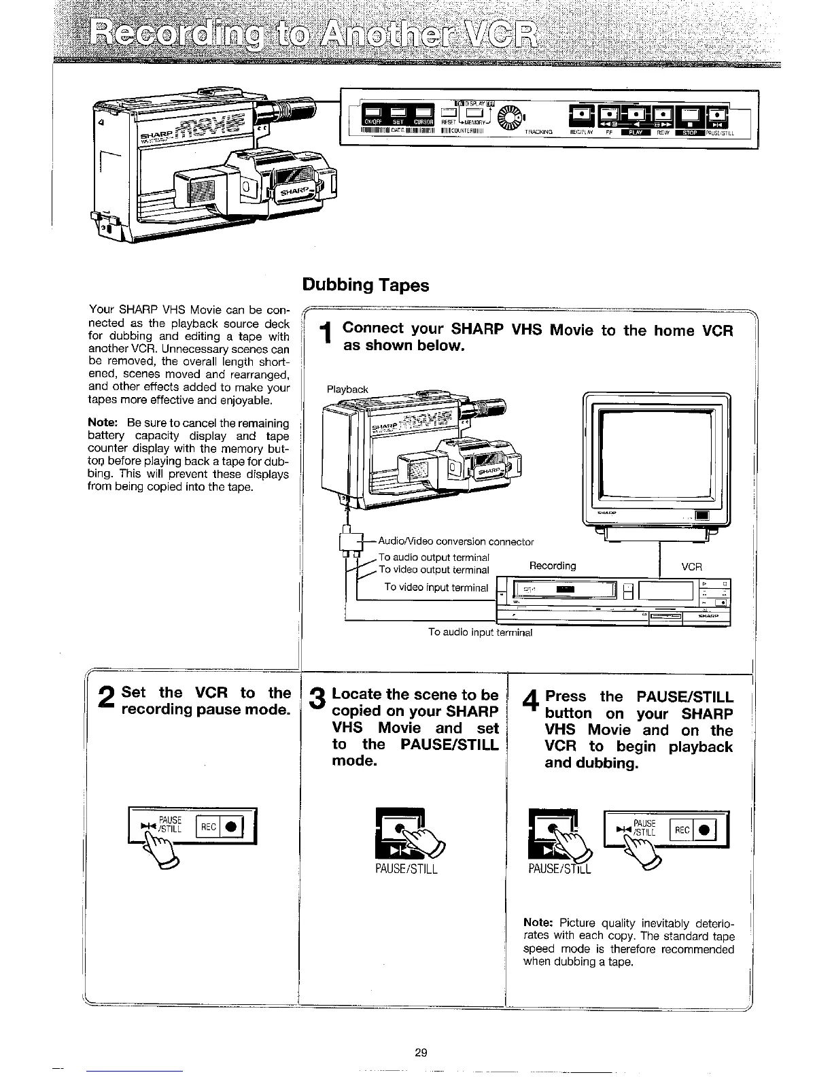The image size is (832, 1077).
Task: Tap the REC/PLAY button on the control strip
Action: click(583, 117)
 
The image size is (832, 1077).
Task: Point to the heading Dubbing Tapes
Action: click(366, 285)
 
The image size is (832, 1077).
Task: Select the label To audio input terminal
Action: click(480, 632)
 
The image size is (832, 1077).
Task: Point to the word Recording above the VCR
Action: click(552, 566)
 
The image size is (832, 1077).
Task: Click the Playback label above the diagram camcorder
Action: click(347, 390)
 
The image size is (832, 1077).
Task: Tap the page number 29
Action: click(420, 1053)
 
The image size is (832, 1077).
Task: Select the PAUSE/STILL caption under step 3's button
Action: click(406, 869)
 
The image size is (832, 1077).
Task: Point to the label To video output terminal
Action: click(434, 570)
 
